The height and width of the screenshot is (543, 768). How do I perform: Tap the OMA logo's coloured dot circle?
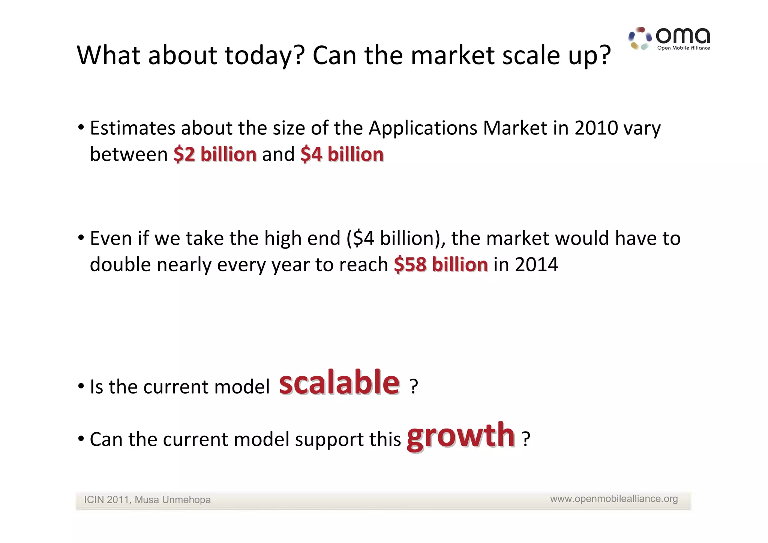pos(640,39)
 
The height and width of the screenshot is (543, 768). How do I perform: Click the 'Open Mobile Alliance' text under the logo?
pos(683,48)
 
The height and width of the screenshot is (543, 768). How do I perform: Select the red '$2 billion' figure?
pos(215,155)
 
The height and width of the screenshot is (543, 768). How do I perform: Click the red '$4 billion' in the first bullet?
pos(342,155)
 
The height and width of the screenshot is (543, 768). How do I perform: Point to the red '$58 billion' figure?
pos(441,265)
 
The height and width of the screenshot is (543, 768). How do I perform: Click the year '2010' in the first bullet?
pos(596,128)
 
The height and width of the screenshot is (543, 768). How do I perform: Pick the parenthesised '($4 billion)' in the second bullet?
pos(396,238)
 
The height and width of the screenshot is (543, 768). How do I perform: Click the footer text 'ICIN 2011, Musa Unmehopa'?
pos(147,500)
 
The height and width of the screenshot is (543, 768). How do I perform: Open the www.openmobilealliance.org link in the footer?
pos(614,499)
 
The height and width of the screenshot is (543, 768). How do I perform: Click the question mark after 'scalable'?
pos(413,387)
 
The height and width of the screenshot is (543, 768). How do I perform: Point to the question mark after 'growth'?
pos(526,439)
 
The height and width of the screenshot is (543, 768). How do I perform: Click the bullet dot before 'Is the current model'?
pos(81,387)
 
